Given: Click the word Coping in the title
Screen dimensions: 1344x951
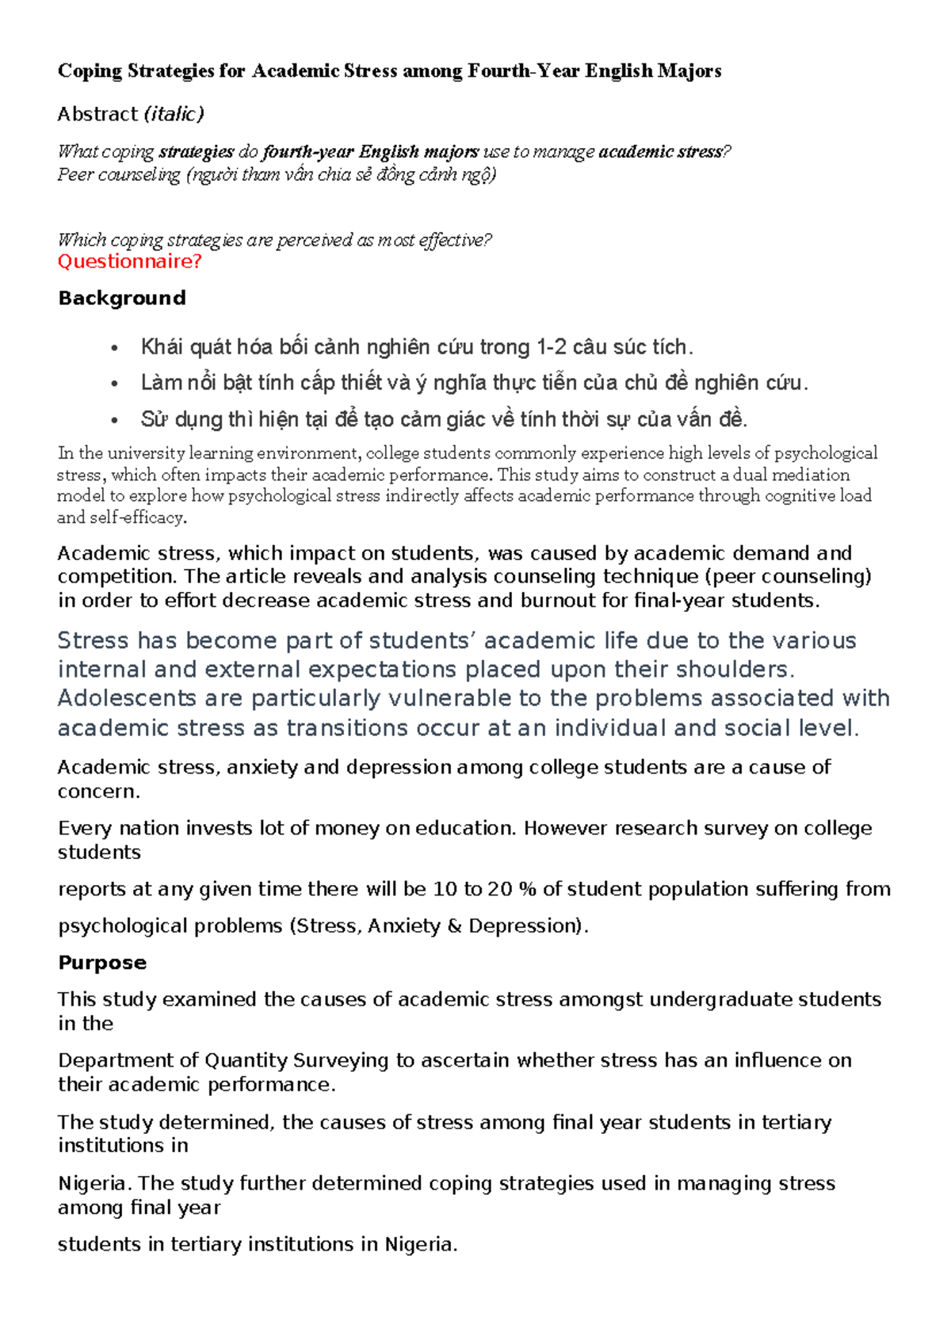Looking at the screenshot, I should click(90, 71).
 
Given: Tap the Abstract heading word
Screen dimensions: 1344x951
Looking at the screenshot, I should click(97, 114).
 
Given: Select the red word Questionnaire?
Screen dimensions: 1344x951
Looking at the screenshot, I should click(129, 262).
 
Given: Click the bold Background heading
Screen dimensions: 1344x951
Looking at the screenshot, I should click(122, 298).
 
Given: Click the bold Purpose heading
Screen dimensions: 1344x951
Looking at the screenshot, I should click(102, 962).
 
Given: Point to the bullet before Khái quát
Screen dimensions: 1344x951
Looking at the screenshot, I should click(115, 348).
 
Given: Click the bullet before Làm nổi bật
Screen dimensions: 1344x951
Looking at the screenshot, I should click(115, 384).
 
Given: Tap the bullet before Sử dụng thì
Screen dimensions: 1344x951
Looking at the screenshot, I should click(115, 420).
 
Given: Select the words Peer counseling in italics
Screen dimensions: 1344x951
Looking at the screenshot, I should click(119, 174).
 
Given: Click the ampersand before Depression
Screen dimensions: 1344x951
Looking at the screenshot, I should click(454, 926).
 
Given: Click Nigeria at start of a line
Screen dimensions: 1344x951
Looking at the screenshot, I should click(93, 1183).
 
